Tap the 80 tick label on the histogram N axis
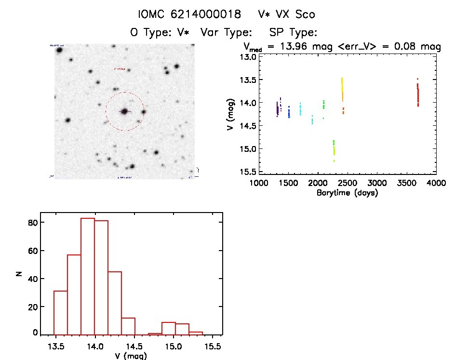point(32,223)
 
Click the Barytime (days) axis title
point(347,193)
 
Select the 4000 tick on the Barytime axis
point(436,183)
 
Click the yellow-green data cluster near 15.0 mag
point(334,147)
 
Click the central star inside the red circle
point(124,111)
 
